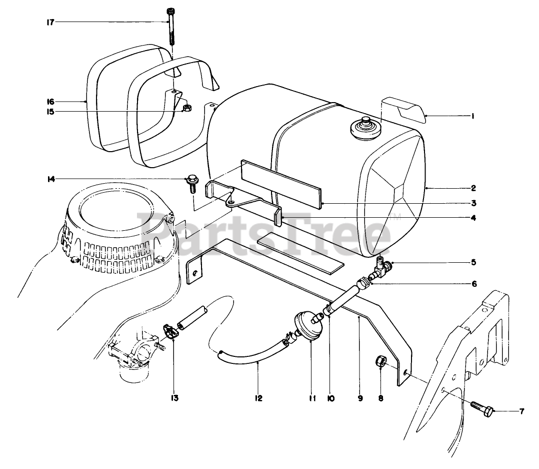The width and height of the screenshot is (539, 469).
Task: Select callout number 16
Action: click(x=51, y=101)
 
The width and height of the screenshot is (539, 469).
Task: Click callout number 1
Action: click(x=471, y=116)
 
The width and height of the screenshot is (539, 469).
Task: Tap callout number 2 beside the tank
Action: click(x=473, y=188)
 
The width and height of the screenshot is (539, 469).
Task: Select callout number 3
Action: click(x=473, y=203)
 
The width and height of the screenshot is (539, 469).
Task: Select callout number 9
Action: click(x=359, y=399)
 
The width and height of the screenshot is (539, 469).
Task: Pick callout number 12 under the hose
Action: click(x=258, y=399)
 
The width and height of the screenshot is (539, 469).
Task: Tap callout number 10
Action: click(x=331, y=399)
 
